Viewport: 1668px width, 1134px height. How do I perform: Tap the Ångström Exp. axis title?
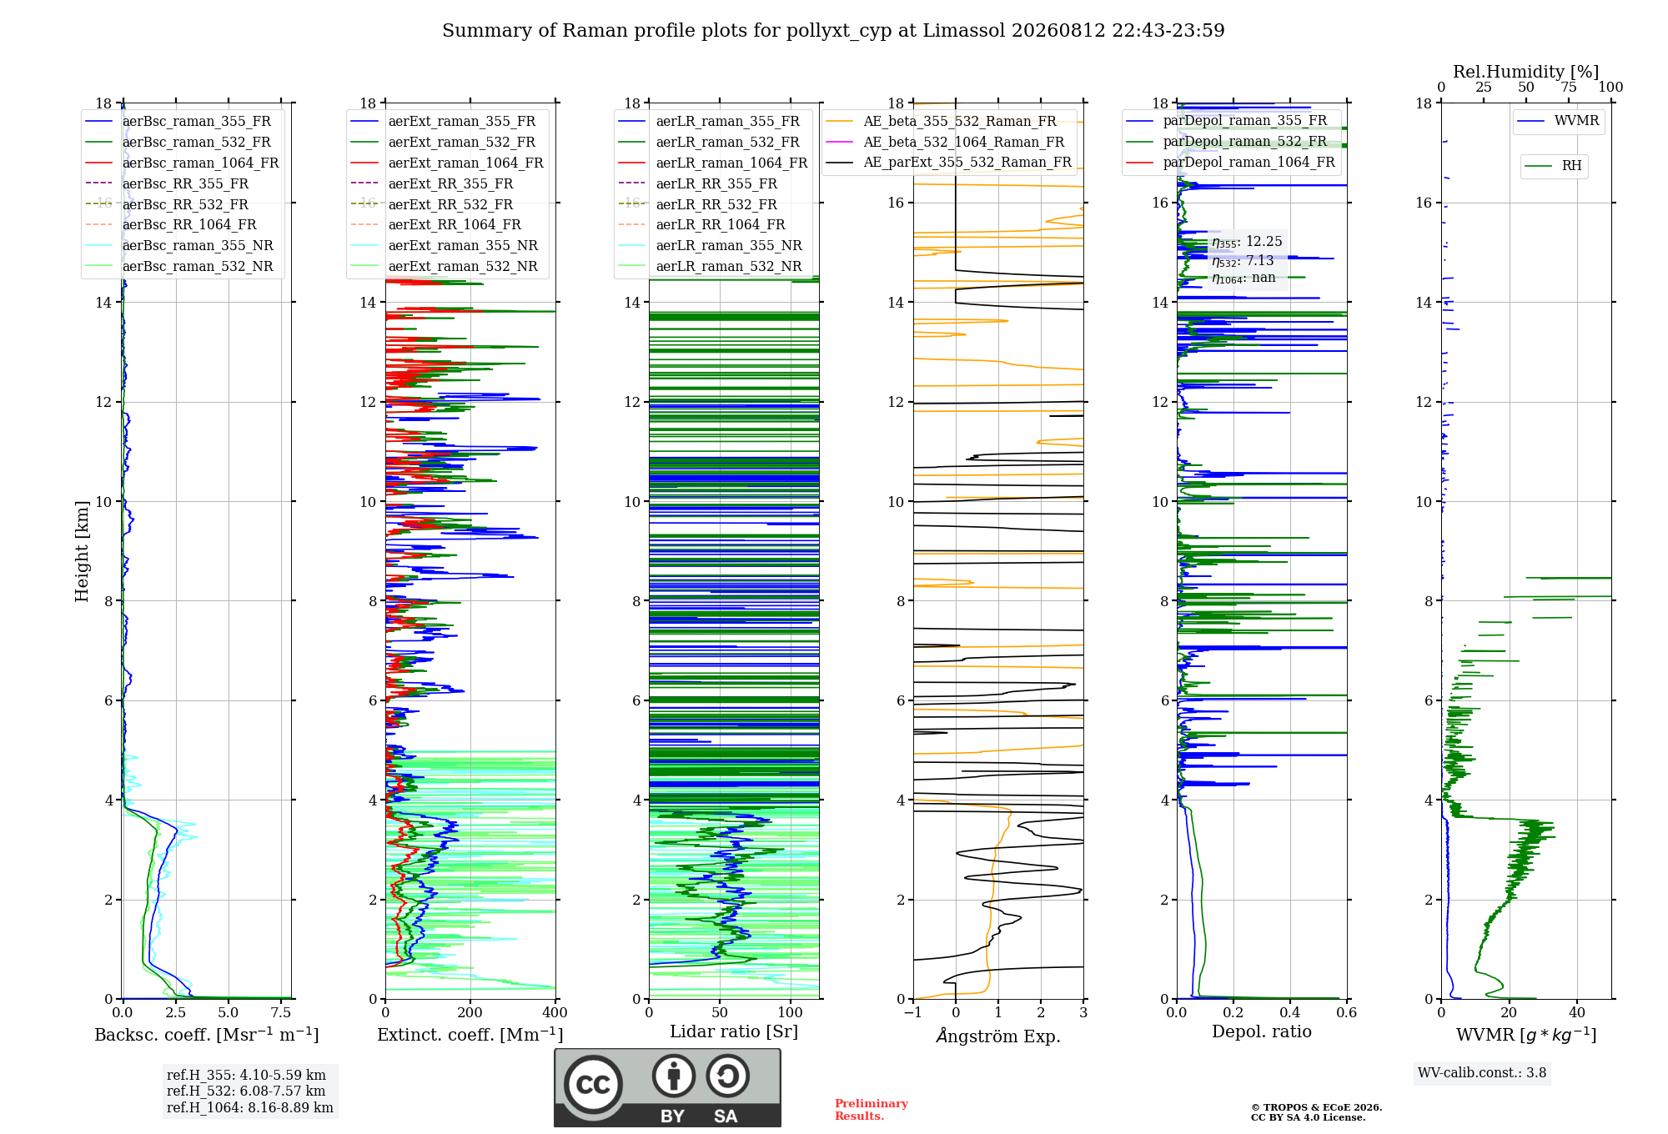click(x=998, y=1036)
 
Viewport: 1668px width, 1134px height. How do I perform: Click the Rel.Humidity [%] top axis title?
click(x=1526, y=72)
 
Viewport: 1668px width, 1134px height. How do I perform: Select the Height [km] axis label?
click(x=82, y=551)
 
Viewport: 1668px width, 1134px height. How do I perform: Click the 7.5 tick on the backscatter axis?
click(x=281, y=1012)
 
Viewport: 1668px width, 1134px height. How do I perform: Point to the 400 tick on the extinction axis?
click(x=555, y=1012)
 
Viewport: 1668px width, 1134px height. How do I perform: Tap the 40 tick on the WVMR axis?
click(x=1577, y=1012)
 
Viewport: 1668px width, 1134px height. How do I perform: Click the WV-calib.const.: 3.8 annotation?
click(x=1482, y=1073)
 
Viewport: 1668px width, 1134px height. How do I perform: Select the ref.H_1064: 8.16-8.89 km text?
click(x=250, y=1108)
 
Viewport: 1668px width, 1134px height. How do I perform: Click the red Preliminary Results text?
click(x=872, y=1110)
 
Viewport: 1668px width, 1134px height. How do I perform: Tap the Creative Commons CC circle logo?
click(x=593, y=1085)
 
